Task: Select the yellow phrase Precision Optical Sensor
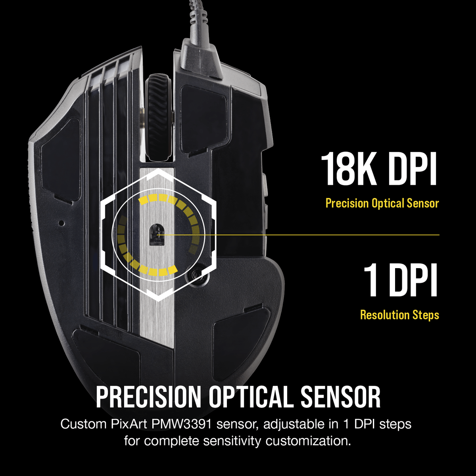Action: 382,203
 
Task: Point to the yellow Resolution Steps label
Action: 399,315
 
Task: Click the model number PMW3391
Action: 182,424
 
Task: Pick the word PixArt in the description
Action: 129,424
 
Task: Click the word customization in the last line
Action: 308,441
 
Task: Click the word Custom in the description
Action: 83,424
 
